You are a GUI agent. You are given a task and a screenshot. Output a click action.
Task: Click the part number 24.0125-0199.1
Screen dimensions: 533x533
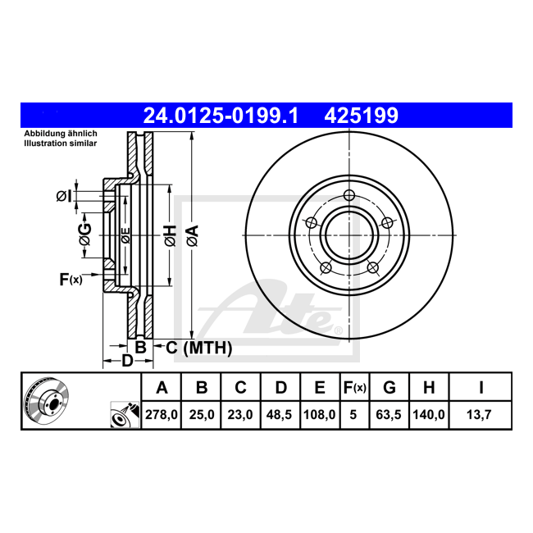click(221, 116)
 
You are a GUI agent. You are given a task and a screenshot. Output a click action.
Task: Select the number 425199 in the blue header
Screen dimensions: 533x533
click(361, 116)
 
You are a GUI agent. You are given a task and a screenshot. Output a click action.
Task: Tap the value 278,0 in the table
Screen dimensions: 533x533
click(162, 415)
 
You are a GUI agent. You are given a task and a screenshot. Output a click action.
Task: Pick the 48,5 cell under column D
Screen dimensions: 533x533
click(279, 415)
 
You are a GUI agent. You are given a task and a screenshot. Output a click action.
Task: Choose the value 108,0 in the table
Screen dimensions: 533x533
click(320, 415)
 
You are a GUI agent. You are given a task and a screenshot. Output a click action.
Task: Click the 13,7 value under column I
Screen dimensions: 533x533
click(479, 415)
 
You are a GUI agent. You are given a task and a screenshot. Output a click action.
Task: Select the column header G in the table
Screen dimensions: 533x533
click(389, 388)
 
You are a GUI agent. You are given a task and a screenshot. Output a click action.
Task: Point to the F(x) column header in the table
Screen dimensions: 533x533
click(354, 388)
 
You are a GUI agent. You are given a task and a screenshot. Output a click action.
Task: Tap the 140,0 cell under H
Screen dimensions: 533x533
click(429, 415)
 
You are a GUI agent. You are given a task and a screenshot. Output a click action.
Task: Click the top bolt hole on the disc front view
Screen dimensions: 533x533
click(349, 195)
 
